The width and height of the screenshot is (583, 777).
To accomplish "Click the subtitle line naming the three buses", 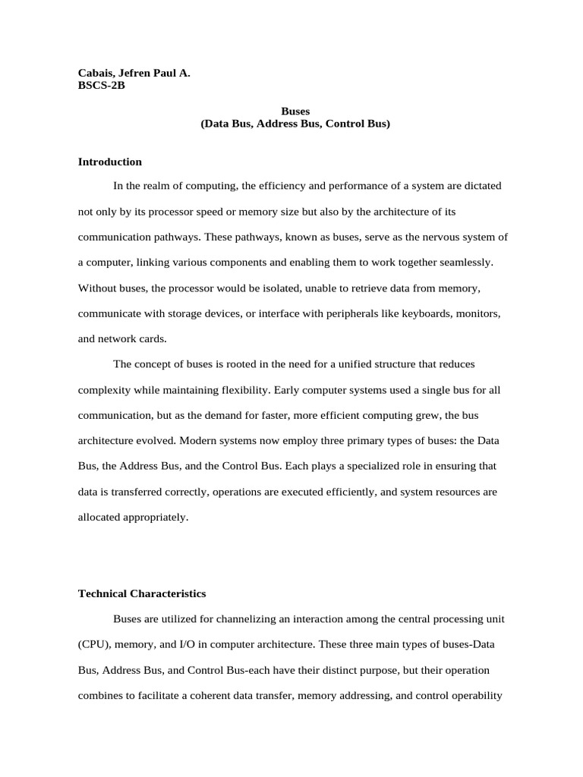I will [295, 123].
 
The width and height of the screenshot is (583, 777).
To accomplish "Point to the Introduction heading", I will [109, 162].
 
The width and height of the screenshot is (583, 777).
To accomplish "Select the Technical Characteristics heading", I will [142, 593].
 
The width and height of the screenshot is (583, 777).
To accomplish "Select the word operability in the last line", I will [477, 696].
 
